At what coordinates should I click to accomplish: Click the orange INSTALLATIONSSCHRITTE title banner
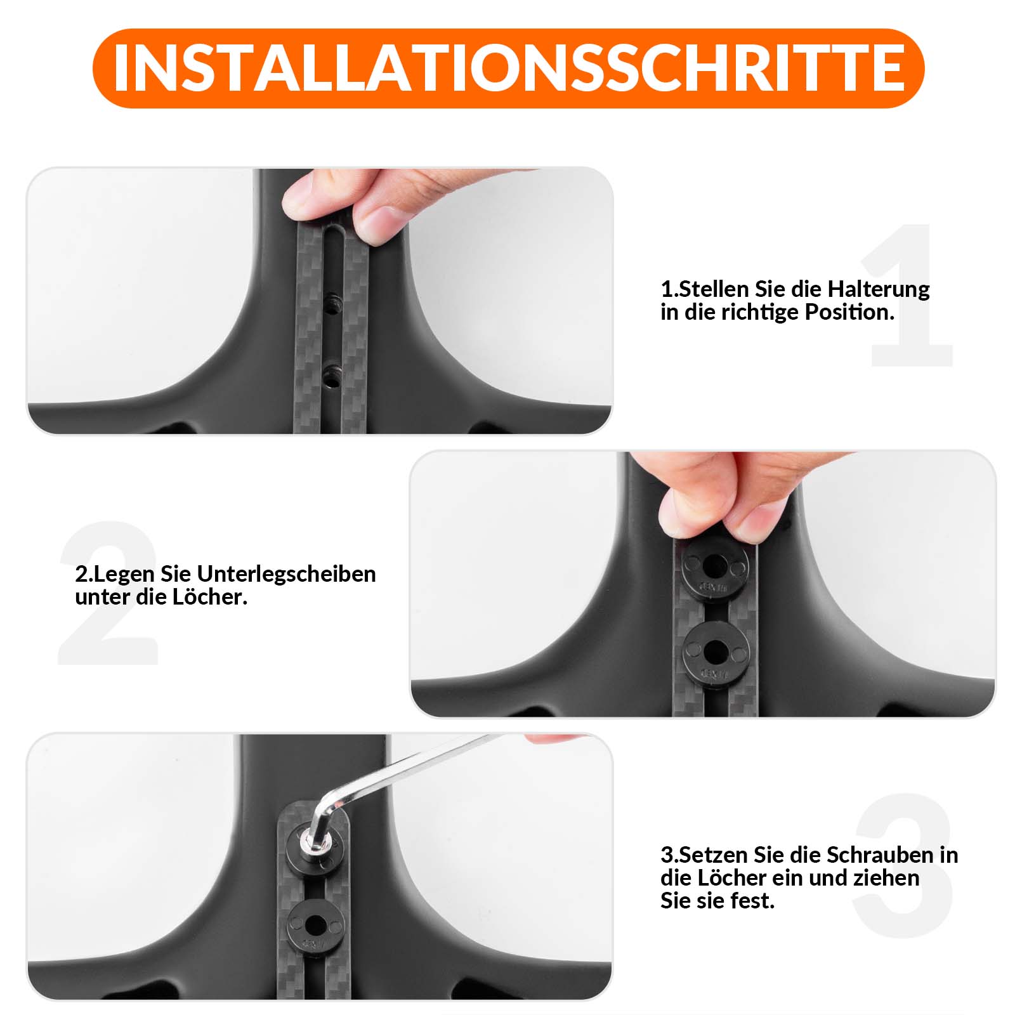coord(507,68)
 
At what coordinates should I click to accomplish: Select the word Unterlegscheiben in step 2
coord(286,574)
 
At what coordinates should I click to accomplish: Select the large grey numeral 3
coord(904,866)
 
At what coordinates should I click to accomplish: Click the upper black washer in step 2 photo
coord(715,564)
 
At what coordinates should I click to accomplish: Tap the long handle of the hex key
coord(412,768)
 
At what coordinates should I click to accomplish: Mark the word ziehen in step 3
coord(888,879)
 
